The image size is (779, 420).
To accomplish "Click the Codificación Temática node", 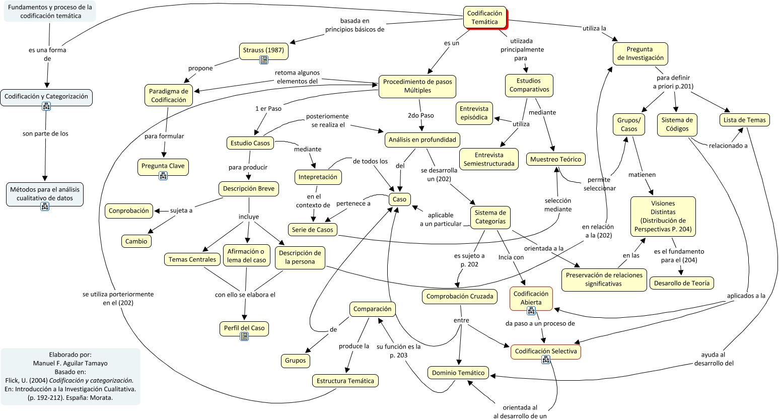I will (x=484, y=18).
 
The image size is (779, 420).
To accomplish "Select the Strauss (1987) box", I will (x=263, y=50).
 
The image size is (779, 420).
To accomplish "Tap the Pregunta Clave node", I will (x=163, y=166).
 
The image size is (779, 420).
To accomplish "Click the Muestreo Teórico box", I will (x=555, y=159).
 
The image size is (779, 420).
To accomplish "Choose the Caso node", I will (x=399, y=199).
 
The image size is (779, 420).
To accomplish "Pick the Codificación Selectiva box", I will (x=546, y=351).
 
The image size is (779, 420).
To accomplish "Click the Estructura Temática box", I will (x=345, y=381).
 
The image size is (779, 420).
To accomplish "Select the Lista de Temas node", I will (x=744, y=120).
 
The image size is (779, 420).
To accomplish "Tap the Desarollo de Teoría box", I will (x=681, y=283).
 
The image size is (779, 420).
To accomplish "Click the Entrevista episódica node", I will (x=474, y=113).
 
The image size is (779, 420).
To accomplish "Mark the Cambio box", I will (x=136, y=241).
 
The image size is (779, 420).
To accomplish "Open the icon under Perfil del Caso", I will (x=244, y=336).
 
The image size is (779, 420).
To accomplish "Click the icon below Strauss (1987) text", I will (x=263, y=60).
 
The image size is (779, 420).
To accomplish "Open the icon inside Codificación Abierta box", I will (x=531, y=311).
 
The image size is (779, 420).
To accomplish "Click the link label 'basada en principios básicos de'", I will (x=355, y=25).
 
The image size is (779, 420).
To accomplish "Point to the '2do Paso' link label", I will (x=420, y=115).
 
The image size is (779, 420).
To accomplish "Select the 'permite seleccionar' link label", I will (x=599, y=184).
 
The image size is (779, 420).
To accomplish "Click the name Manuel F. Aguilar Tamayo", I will (x=70, y=363).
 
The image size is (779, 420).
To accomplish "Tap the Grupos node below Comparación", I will (x=295, y=360).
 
